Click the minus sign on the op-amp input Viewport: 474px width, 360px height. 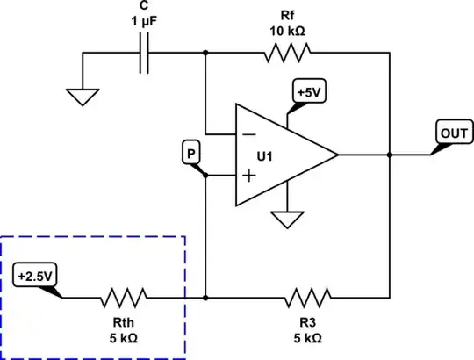[248, 135]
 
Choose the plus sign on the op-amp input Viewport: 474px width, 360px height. [248, 176]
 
